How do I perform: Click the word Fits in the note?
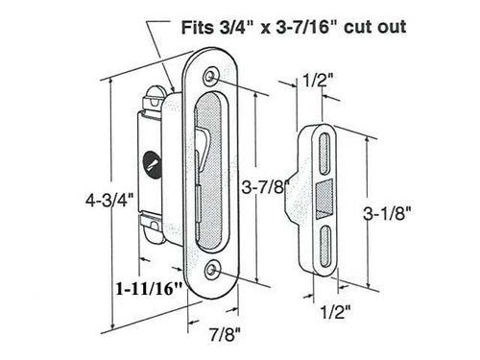[203, 28]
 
